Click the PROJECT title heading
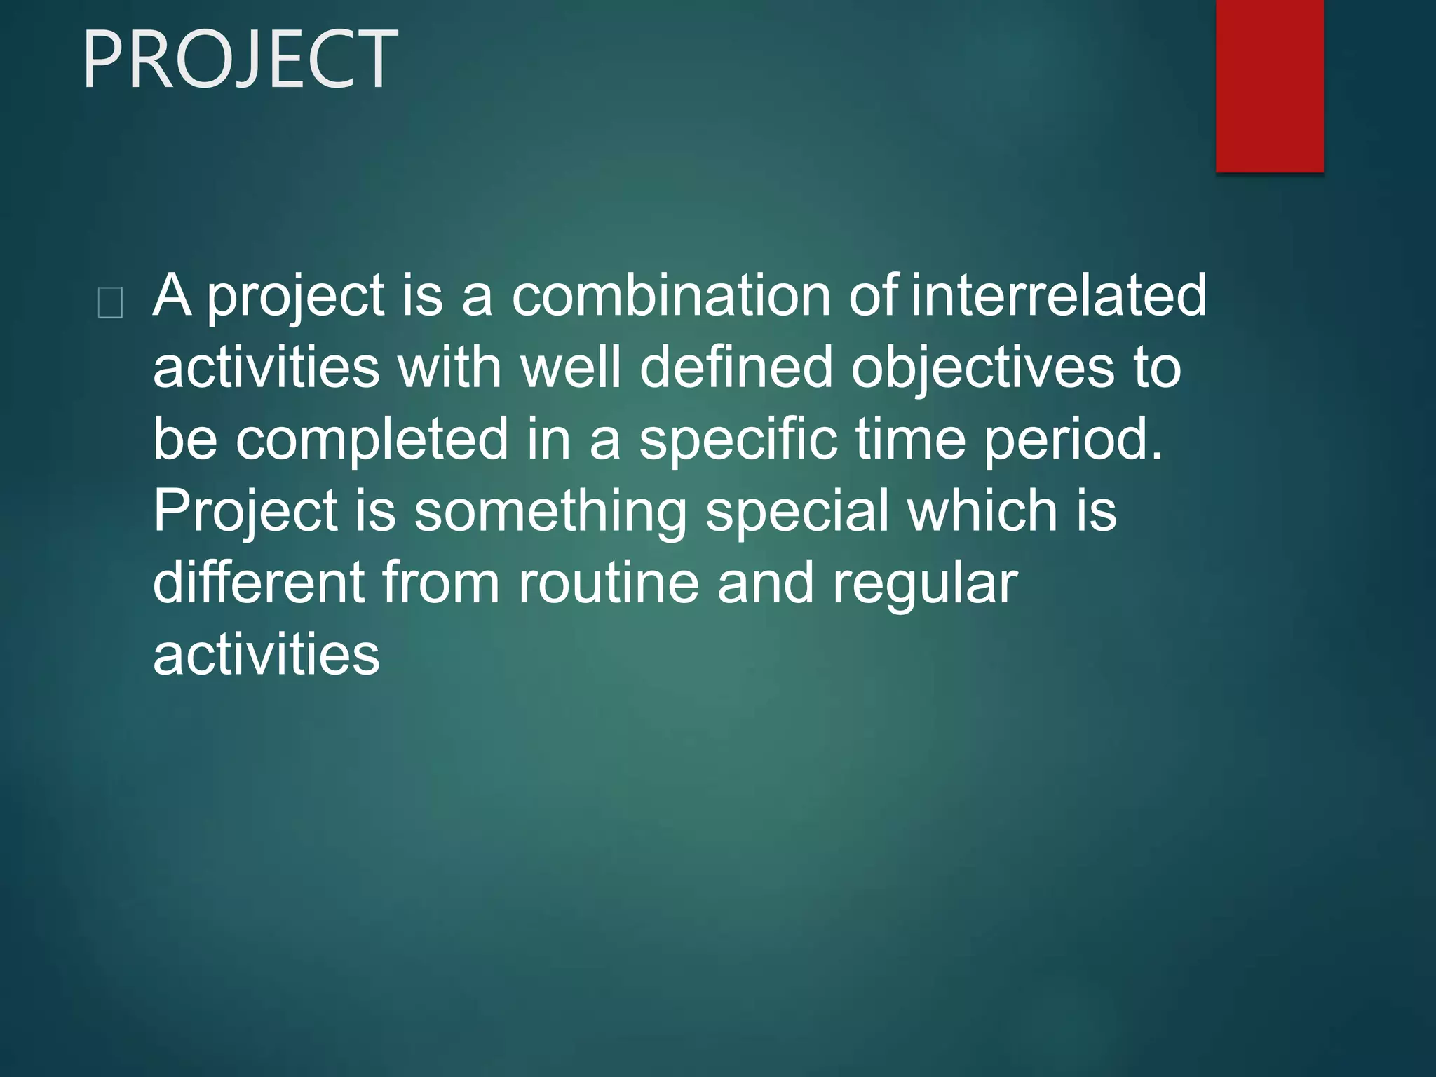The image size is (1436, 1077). click(240, 60)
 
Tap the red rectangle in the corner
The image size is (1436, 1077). click(1269, 86)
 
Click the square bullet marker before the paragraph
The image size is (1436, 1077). click(111, 304)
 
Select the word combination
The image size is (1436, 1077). click(671, 296)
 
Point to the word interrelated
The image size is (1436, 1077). click(1059, 296)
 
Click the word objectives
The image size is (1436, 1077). click(982, 369)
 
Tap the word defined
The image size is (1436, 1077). click(736, 367)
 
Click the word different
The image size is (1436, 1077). click(259, 583)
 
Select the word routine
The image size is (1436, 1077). click(609, 583)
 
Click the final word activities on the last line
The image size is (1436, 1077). click(266, 656)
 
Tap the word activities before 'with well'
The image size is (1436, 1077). click(266, 367)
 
